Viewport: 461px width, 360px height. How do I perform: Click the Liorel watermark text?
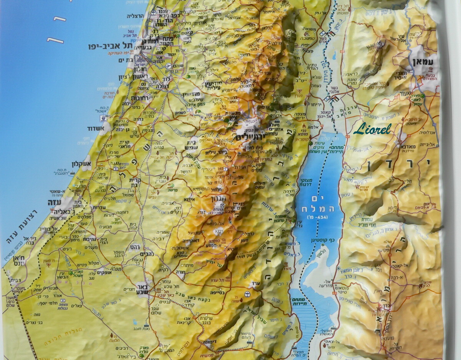[x=372, y=128]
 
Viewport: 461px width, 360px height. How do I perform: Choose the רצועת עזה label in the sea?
[x=23, y=227]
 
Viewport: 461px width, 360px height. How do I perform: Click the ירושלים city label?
[x=245, y=137]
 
